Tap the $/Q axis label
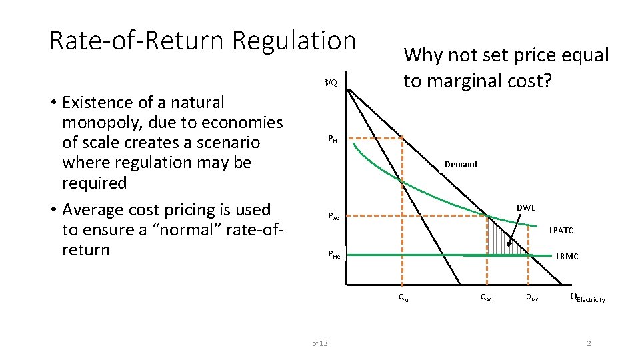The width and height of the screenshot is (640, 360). pos(331,83)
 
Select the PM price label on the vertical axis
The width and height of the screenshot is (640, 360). pos(333,139)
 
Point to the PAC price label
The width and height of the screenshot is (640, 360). pos(333,216)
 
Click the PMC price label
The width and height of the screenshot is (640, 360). pos(333,254)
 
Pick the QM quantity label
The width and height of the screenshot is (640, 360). pos(403,298)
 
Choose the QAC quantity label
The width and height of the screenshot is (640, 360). pos(487,298)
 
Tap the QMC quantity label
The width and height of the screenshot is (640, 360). pos(533,298)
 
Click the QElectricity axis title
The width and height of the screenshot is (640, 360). pos(587,298)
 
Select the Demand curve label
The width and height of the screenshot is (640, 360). pos(461,164)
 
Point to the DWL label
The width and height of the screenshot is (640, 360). pos(526,208)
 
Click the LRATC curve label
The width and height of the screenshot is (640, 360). pos(561,231)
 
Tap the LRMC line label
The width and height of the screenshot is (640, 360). pos(567,256)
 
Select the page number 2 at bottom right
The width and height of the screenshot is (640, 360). pos(589,343)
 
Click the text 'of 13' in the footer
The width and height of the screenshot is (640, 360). pos(320,343)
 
